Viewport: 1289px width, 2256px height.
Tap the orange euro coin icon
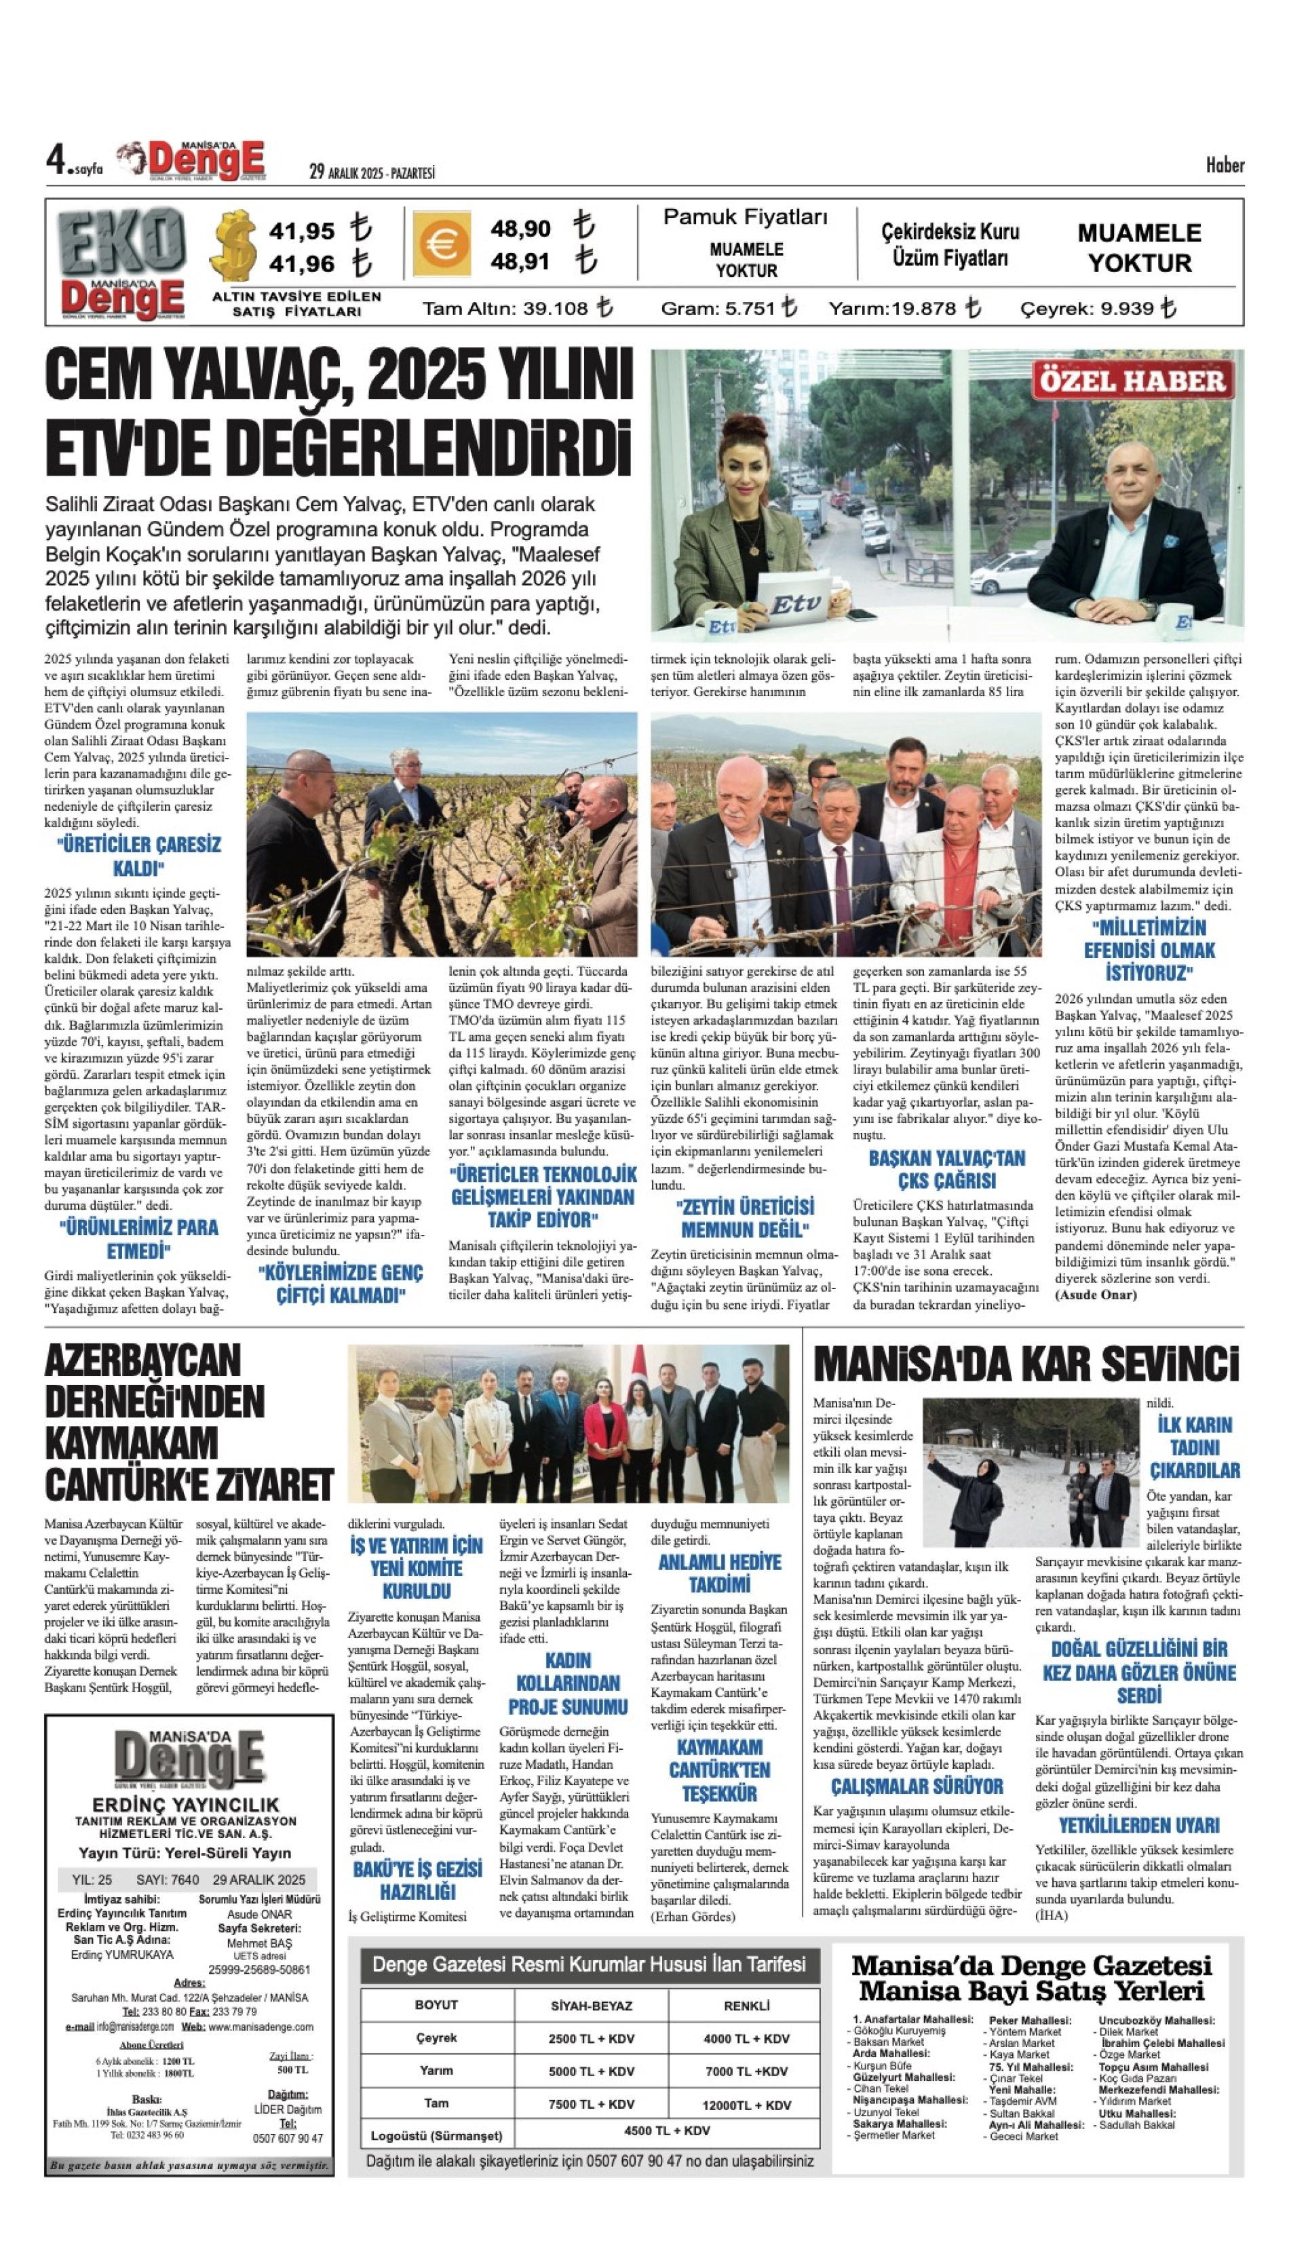tap(440, 244)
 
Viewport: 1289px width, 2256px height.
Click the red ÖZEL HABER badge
tap(1132, 381)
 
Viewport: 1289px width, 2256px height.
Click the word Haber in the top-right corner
tap(1225, 165)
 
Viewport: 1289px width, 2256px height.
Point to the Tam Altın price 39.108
tap(556, 309)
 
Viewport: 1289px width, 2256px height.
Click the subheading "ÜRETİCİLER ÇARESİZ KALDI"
tap(139, 856)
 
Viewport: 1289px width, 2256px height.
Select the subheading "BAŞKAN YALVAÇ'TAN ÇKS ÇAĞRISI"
tap(946, 1169)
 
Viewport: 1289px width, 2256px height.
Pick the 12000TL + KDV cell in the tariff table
tap(746, 2105)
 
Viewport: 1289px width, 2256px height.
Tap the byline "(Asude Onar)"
tap(1096, 1295)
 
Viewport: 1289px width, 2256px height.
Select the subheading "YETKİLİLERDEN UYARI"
tap(1138, 1826)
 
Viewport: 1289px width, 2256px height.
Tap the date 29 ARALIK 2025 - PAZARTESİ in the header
tap(372, 172)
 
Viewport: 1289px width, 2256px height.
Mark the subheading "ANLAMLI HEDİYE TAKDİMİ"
tap(719, 1573)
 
